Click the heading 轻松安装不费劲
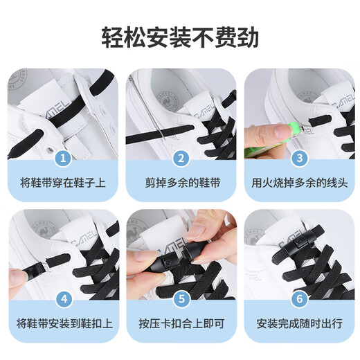pos(180,35)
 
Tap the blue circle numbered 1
pos(63,159)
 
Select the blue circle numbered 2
pos(181,159)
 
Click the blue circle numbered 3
pos(299,159)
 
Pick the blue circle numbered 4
pos(63,300)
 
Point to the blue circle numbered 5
pos(181,300)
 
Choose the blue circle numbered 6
pos(299,300)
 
